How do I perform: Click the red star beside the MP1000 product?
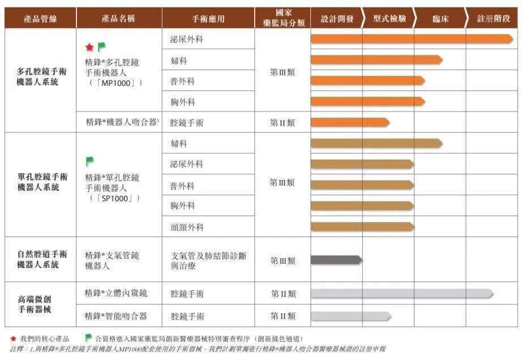(x=89, y=48)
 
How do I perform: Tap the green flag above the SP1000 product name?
(x=89, y=162)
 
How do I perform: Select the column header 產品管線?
(x=40, y=19)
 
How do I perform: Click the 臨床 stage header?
(x=440, y=19)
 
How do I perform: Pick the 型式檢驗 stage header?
(x=389, y=19)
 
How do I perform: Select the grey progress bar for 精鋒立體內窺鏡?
(x=402, y=294)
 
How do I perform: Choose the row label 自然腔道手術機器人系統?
(x=41, y=259)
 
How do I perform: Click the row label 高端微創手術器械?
(x=41, y=305)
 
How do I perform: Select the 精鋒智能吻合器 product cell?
(x=116, y=316)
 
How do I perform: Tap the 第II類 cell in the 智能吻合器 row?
(x=282, y=316)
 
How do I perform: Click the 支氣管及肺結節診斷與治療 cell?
(x=208, y=260)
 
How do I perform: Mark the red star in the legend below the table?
(x=13, y=338)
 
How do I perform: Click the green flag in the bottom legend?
(x=88, y=338)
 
